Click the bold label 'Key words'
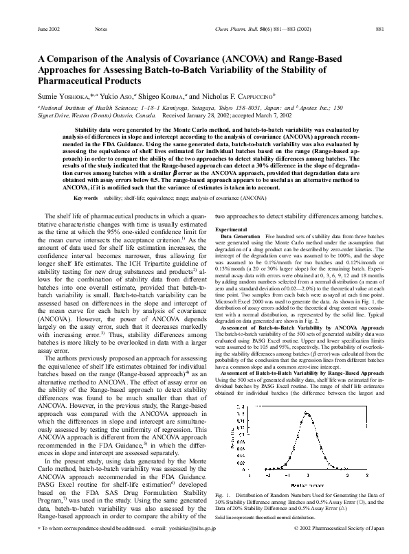tap(86, 198)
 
